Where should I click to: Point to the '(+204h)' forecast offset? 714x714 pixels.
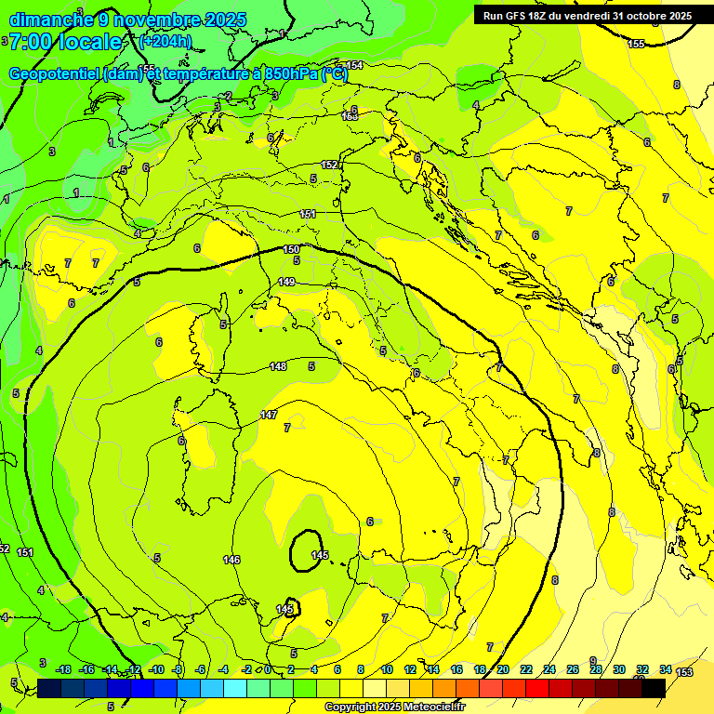point(165,42)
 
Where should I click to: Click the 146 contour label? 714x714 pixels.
point(231,560)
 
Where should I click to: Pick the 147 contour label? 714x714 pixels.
point(269,415)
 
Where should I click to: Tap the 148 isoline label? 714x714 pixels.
point(278,366)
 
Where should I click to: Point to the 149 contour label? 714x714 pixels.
point(287,282)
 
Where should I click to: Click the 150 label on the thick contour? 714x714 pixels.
point(291,249)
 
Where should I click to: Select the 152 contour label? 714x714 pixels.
point(329,165)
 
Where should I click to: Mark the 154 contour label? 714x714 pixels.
point(354,65)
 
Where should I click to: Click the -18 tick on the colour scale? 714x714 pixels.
point(64,669)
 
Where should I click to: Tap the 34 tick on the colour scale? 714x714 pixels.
point(666,669)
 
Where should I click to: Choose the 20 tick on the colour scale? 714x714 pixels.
point(503,669)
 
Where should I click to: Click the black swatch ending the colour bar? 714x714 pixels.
point(654,687)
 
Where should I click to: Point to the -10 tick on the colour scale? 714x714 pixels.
point(157,669)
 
